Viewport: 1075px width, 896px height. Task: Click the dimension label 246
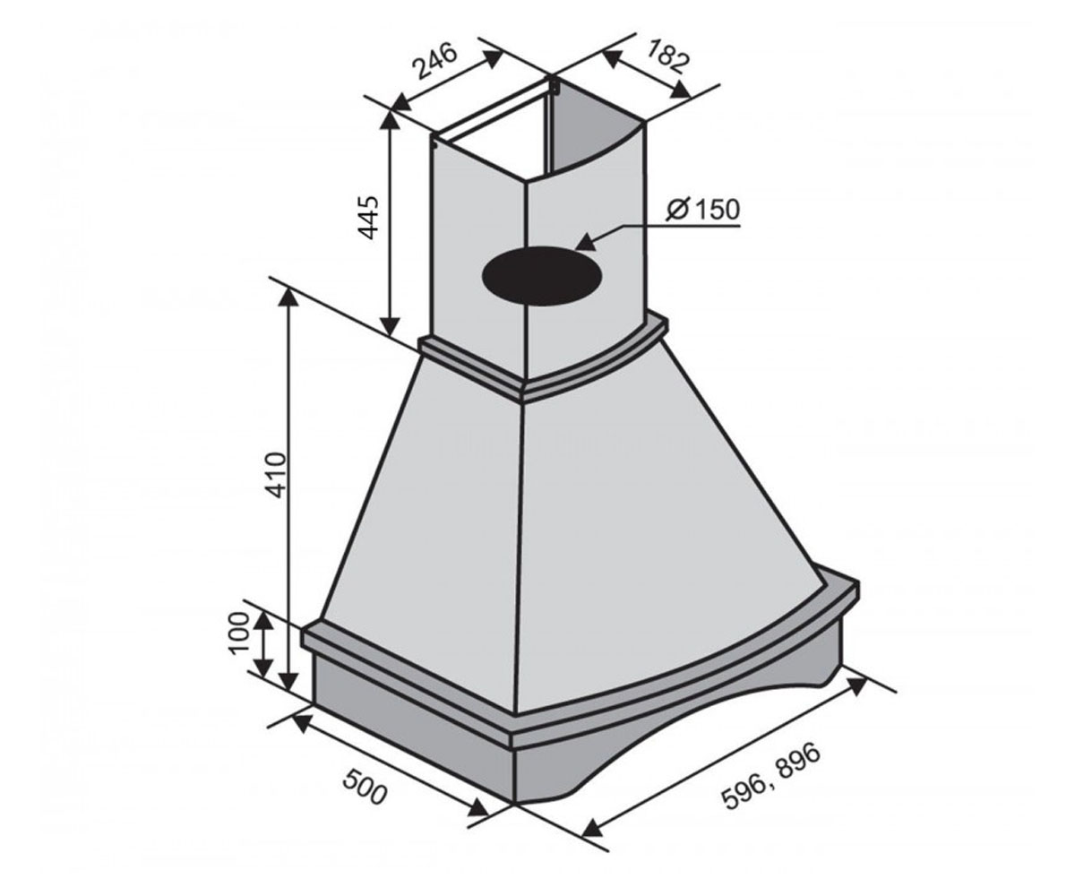(x=435, y=61)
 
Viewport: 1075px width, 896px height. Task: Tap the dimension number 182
(x=666, y=56)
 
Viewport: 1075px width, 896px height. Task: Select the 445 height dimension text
(x=368, y=218)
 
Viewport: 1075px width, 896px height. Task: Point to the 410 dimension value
(x=276, y=474)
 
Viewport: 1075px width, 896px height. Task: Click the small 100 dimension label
(x=238, y=633)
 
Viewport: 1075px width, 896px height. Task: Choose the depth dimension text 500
(x=364, y=787)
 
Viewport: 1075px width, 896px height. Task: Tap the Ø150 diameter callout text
(x=702, y=210)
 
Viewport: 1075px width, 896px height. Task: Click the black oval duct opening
(x=542, y=275)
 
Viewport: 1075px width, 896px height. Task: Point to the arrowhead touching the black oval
(x=586, y=243)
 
